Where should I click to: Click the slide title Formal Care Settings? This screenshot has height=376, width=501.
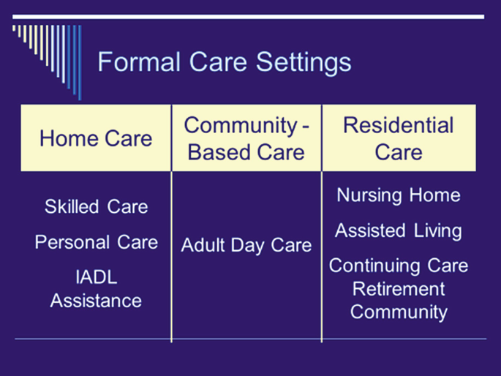[x=224, y=62]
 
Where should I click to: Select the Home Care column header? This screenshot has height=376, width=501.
[x=96, y=138]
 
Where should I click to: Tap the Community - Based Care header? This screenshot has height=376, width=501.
[x=246, y=138]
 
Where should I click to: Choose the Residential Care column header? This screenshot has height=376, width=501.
[x=399, y=138]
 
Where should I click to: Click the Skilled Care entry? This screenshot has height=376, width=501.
[x=96, y=207]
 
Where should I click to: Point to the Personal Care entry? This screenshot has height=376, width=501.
[x=96, y=242]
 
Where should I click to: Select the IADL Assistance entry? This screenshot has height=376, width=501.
[x=96, y=289]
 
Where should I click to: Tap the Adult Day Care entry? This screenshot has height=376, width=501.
[x=246, y=245]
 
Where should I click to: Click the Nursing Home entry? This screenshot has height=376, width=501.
[x=399, y=195]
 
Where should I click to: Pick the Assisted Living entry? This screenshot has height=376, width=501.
[x=399, y=231]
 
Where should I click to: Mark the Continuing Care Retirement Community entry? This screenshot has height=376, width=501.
[x=399, y=288]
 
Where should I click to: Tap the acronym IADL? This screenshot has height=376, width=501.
[x=96, y=277]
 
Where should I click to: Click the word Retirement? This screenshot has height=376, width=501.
[x=399, y=289]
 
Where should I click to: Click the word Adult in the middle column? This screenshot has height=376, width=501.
[x=201, y=245]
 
